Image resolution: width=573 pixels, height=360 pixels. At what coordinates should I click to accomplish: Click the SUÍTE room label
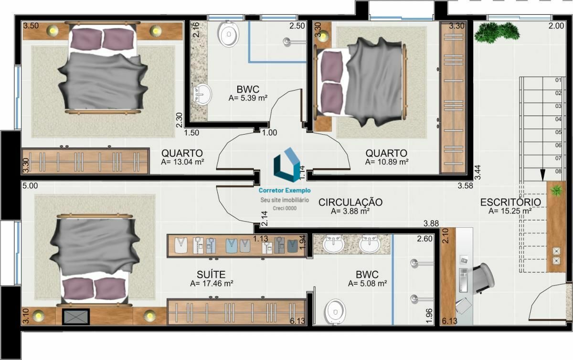211,275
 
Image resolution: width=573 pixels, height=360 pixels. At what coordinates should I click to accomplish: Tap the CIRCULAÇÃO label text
350,202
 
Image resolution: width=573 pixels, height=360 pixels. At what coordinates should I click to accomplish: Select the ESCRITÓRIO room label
510,202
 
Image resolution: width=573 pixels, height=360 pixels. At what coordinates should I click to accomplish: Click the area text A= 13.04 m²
182,162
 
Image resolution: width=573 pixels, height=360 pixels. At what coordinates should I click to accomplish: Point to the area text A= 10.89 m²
387,162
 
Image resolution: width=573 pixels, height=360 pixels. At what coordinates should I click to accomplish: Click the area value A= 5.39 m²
248,98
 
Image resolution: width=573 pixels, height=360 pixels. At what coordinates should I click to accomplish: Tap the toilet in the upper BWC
228,33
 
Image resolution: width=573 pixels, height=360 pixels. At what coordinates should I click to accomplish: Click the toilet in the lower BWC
335,312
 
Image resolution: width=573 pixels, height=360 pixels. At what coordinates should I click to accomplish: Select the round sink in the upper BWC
202,94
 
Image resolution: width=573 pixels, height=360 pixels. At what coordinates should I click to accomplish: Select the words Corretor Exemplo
285,191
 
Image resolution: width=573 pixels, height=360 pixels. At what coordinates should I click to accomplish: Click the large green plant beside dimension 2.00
497,32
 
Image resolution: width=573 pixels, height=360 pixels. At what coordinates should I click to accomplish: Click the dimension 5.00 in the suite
30,186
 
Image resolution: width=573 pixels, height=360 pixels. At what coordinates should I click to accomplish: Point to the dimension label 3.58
465,186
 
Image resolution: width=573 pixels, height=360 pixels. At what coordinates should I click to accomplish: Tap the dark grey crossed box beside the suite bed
76,317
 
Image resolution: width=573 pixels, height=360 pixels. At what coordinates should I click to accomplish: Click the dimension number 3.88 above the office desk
431,223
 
